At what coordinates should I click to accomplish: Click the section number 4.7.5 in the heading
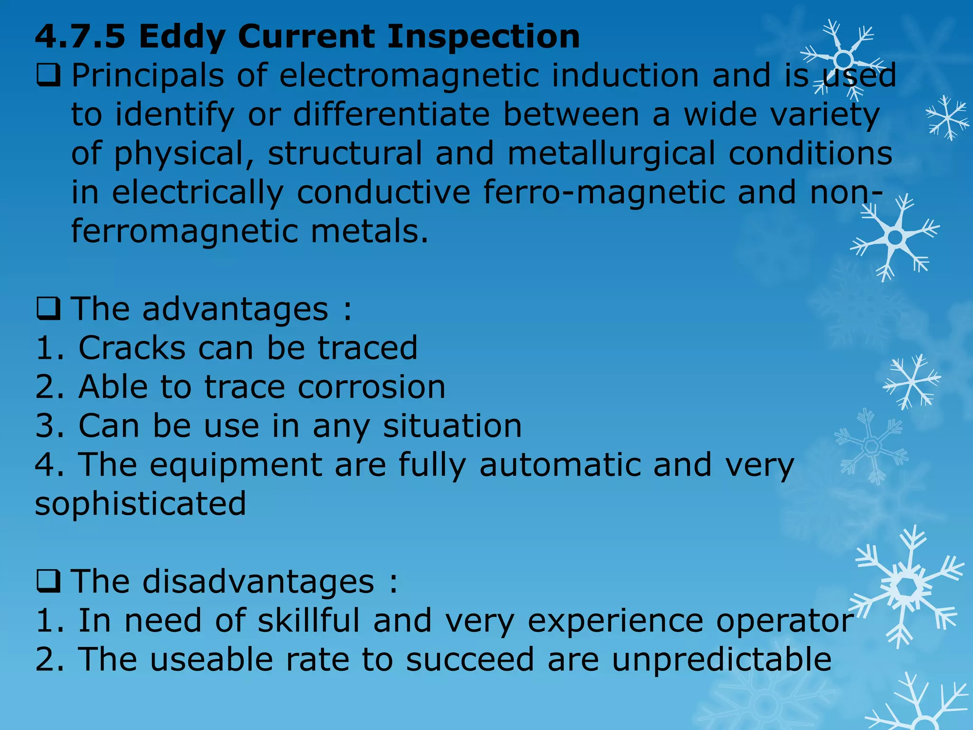point(80,37)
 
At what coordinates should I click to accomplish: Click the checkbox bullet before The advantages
point(48,309)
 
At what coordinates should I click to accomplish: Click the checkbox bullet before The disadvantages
point(48,582)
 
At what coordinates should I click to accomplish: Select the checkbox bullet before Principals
point(48,76)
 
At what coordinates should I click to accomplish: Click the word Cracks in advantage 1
point(132,348)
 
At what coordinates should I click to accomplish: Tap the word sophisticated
point(141,504)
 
